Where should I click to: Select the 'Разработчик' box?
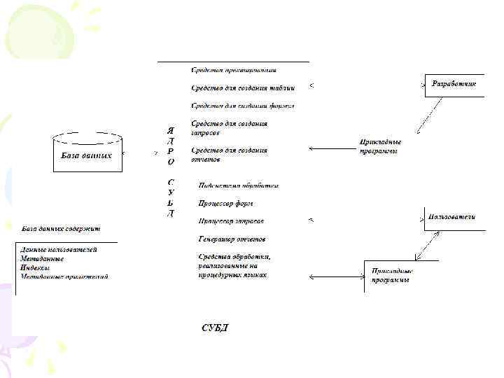tap(454, 84)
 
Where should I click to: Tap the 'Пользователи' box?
tap(453, 217)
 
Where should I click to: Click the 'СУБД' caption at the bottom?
tap(215, 328)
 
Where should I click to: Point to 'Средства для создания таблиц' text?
tap(243, 88)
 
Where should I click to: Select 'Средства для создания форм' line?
tap(242, 106)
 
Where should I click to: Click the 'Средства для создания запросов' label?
tap(229, 127)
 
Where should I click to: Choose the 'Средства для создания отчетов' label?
tap(229, 155)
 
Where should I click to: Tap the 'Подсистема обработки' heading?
tap(239, 185)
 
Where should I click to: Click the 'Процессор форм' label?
tap(225, 204)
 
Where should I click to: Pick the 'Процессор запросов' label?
tap(231, 221)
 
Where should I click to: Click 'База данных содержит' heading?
tap(62, 229)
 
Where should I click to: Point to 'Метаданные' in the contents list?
tap(42, 259)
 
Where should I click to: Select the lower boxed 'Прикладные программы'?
tap(392, 275)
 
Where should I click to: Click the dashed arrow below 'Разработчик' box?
tap(429, 115)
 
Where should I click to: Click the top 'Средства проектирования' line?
tap(234, 70)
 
